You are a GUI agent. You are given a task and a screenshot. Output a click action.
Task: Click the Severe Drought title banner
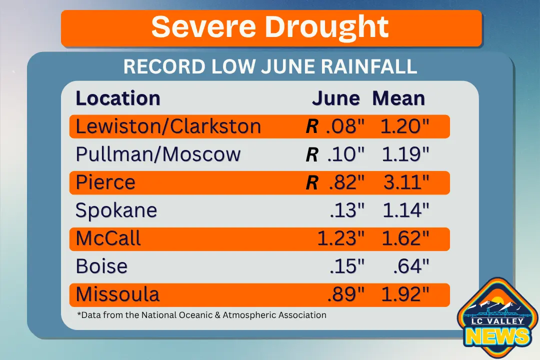271,28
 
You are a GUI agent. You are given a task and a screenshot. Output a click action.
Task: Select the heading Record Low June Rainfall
270,66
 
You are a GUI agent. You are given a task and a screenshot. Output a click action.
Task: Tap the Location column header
118,98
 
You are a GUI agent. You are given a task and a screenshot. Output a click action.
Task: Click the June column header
335,98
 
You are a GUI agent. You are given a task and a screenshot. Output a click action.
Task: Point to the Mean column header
398,98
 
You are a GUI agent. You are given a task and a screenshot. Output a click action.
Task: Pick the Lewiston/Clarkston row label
168,126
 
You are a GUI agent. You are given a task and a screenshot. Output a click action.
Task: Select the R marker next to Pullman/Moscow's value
311,155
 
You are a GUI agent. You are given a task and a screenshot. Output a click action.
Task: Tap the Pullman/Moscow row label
158,154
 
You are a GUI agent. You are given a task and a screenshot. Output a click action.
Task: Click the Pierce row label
105,182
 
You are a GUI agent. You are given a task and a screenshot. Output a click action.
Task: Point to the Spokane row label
116,210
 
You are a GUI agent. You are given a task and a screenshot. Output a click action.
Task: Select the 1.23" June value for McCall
338,238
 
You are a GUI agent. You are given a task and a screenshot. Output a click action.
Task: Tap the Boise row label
101,266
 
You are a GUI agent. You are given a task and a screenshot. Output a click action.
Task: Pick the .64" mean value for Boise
411,266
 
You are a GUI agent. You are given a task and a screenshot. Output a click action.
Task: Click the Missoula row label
117,294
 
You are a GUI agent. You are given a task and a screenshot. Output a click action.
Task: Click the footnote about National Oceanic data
201,315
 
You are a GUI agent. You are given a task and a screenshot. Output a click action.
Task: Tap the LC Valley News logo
497,320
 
